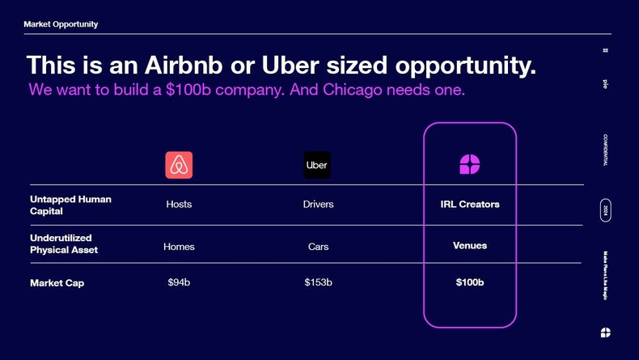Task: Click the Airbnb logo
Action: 179,165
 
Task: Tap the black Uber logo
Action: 317,165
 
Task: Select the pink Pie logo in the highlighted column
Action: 470,165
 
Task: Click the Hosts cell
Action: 179,205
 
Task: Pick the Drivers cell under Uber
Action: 318,205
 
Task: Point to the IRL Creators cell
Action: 470,205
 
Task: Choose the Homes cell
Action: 179,247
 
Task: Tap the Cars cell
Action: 318,247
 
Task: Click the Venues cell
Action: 470,245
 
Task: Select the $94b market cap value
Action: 179,282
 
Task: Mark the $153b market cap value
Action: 318,282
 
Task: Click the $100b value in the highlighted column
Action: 470,282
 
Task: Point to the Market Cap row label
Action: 57,283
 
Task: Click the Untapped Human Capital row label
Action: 70,205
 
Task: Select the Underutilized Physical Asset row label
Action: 64,244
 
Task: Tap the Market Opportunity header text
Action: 61,24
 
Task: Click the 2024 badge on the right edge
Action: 606,210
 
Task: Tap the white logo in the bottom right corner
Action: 605,332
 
